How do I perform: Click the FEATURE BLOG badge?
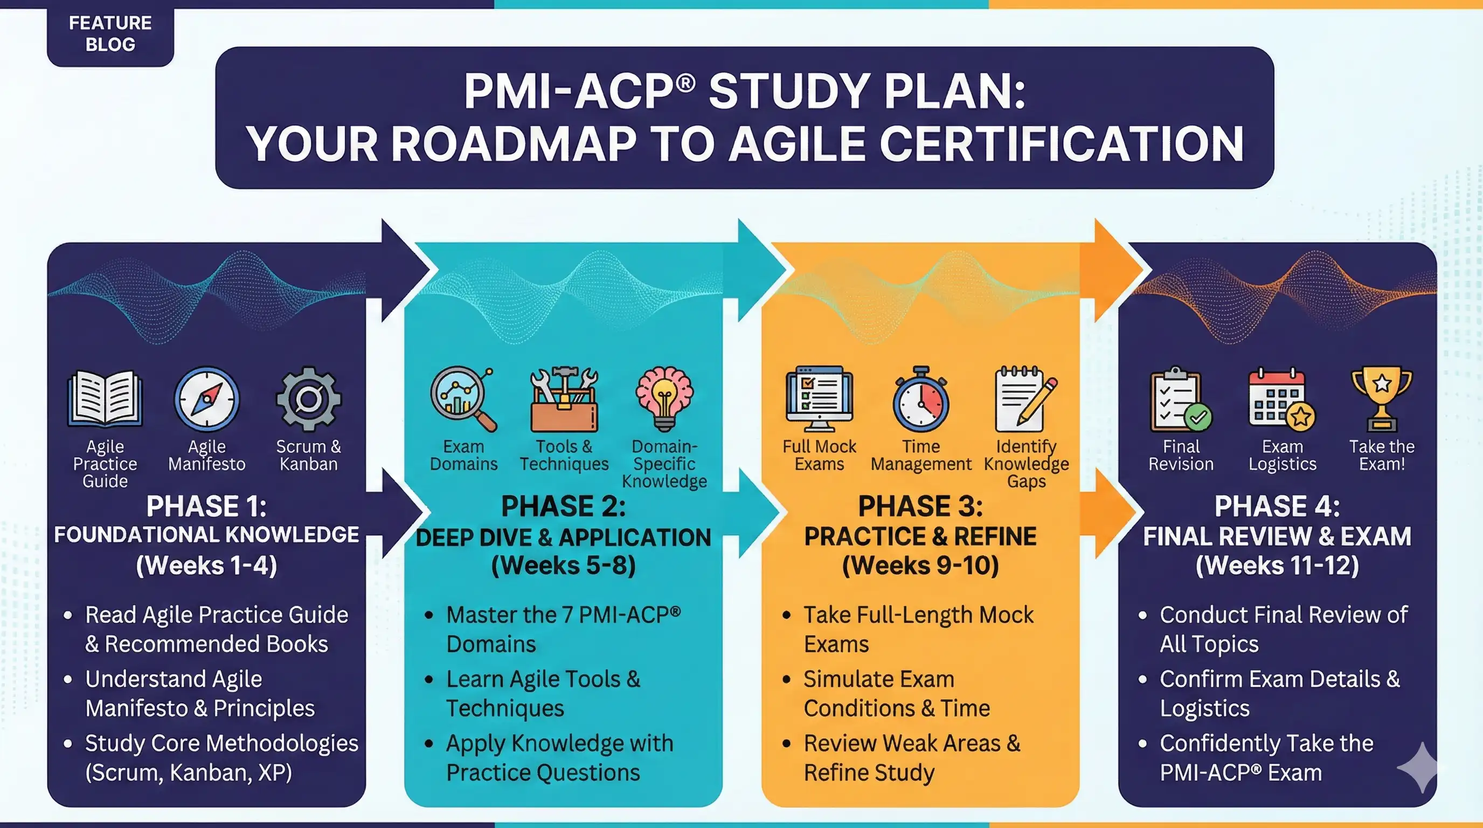[x=110, y=33]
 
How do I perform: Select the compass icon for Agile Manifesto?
[x=207, y=399]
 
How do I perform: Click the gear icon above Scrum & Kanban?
[x=309, y=398]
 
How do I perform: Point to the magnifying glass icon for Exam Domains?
[x=462, y=398]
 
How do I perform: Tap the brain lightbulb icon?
[x=664, y=398]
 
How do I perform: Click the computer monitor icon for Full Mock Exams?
[x=819, y=398]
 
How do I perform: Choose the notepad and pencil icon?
[x=1025, y=399]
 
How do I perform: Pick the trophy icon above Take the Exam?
[x=1382, y=398]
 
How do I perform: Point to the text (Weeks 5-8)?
[x=564, y=565]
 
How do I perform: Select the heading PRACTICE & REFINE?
[x=920, y=537]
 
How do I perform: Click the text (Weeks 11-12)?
[x=1277, y=565]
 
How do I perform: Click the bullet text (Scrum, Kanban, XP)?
[x=189, y=772]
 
